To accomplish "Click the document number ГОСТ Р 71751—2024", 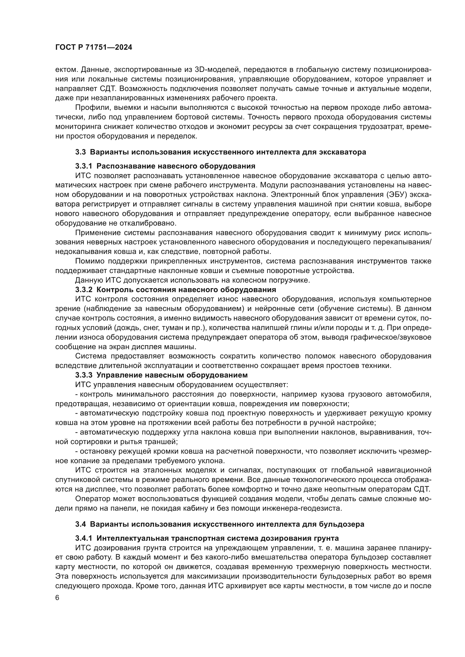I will [x=94, y=47].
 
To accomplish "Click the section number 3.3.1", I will [x=84, y=166].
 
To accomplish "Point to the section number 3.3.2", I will [x=84, y=290].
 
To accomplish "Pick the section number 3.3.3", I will [x=84, y=375].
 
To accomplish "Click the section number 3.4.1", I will [x=84, y=538].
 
